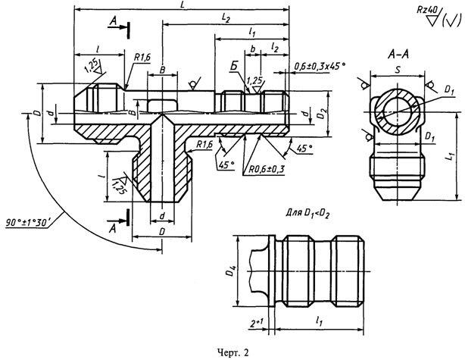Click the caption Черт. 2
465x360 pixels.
(x=233, y=352)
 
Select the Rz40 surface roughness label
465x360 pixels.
(x=427, y=10)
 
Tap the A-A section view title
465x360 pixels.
(x=398, y=55)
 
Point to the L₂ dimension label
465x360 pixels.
(x=226, y=18)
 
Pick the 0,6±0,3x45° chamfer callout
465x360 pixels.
(x=320, y=66)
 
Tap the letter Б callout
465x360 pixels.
(x=234, y=67)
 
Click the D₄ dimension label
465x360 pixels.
(x=232, y=271)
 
